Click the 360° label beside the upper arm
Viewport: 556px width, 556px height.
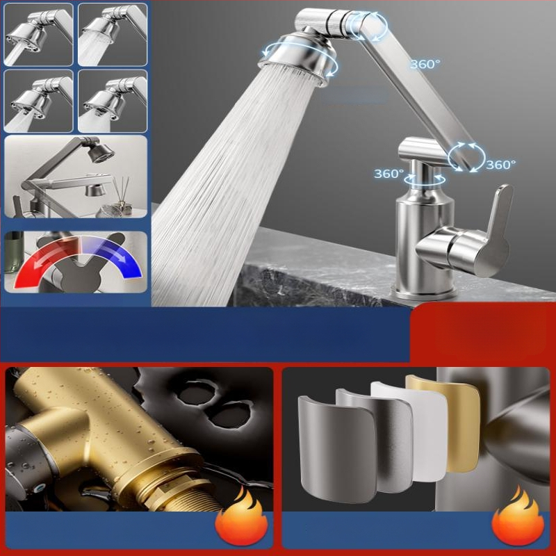(425, 64)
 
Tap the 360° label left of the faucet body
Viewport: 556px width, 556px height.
(389, 174)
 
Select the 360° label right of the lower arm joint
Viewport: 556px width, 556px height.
(500, 165)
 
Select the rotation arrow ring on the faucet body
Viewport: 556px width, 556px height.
(425, 178)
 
